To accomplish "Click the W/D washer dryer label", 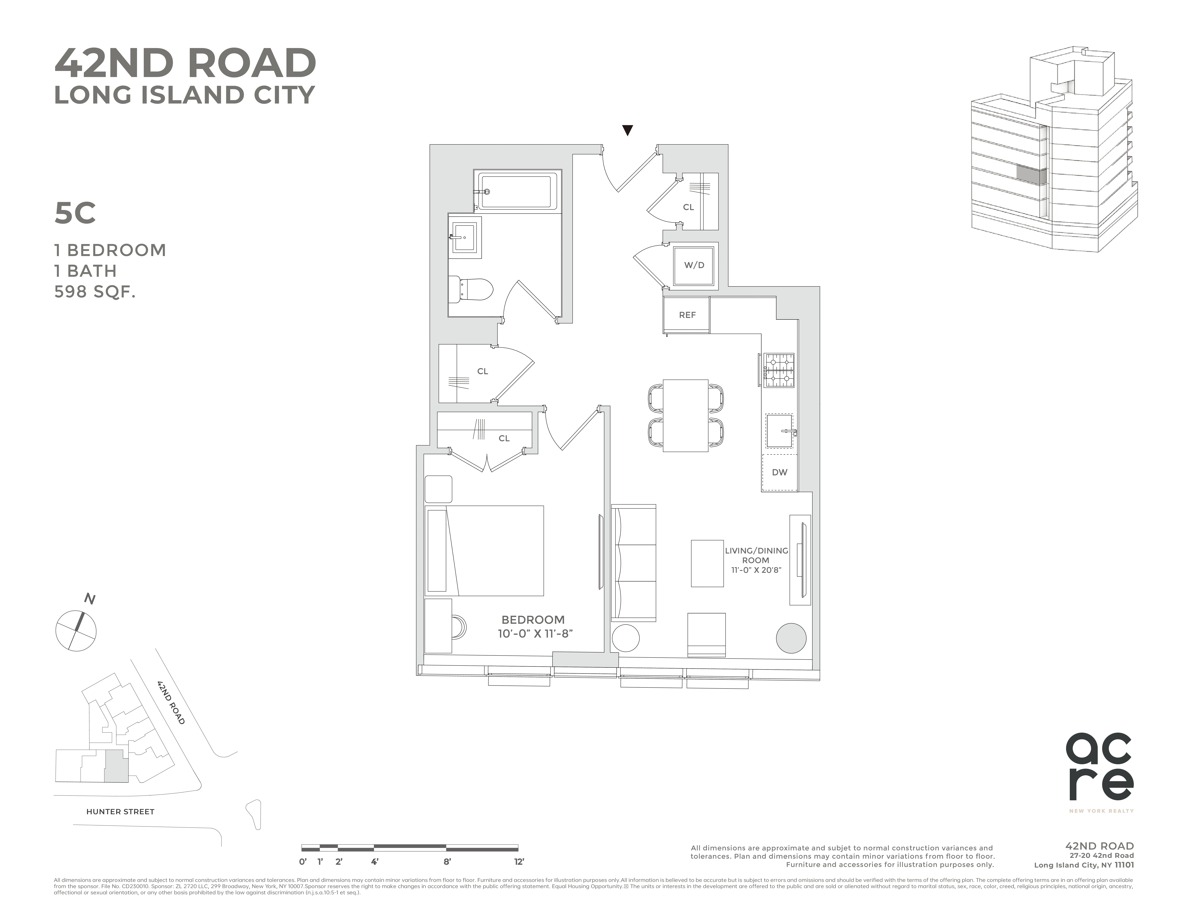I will click(694, 265).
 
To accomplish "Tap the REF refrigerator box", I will click(687, 315).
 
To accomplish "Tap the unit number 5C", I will click(75, 213).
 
